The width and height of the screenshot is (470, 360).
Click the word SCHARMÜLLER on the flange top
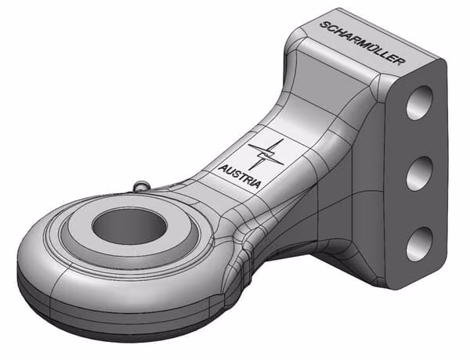(x=363, y=43)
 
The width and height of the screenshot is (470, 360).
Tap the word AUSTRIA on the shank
(x=240, y=176)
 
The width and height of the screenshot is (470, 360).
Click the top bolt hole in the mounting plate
(x=420, y=103)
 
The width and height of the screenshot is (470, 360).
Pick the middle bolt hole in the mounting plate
(x=420, y=173)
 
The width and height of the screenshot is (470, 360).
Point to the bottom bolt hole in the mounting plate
(x=420, y=244)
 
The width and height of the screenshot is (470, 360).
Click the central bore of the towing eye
(x=129, y=226)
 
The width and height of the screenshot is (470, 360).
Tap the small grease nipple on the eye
(x=142, y=185)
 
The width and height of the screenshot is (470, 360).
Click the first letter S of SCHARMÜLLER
(x=324, y=24)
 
